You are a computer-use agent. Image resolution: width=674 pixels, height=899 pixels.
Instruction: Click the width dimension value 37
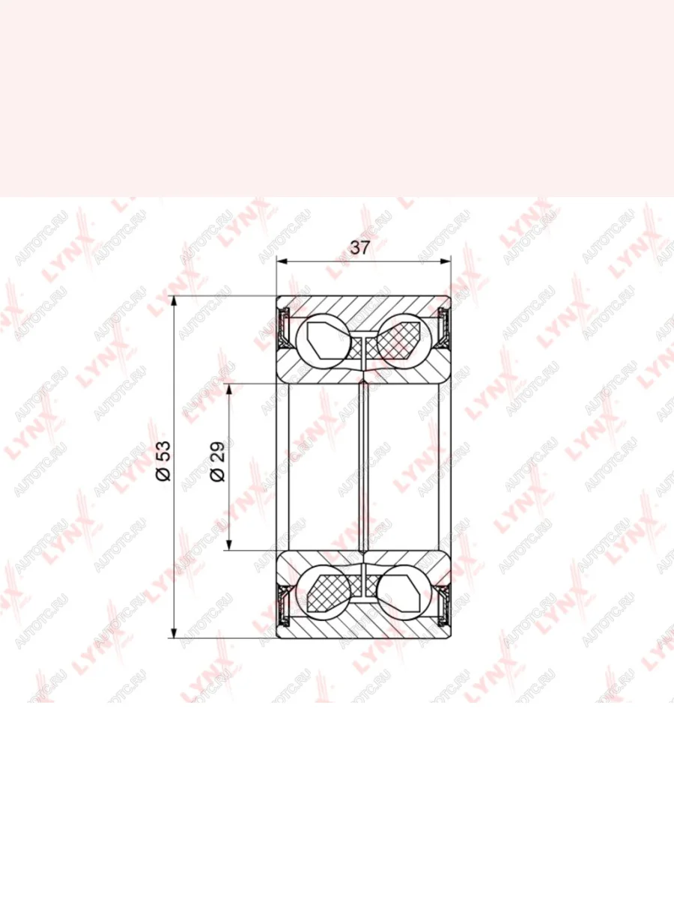click(x=360, y=248)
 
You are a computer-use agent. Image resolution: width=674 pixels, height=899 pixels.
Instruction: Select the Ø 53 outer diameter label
click(x=164, y=461)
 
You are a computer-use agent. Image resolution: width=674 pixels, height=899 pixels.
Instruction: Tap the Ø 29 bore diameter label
click(x=218, y=462)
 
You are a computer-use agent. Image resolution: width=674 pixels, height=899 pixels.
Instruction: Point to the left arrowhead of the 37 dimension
click(x=282, y=261)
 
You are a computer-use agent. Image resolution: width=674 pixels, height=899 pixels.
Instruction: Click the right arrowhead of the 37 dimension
click(x=445, y=261)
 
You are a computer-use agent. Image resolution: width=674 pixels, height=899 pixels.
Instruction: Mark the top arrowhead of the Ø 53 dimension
click(x=174, y=301)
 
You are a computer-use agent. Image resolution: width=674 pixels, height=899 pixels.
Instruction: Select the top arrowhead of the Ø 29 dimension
click(x=229, y=390)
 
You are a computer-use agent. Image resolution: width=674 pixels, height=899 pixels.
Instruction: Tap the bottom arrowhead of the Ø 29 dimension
click(x=229, y=545)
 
